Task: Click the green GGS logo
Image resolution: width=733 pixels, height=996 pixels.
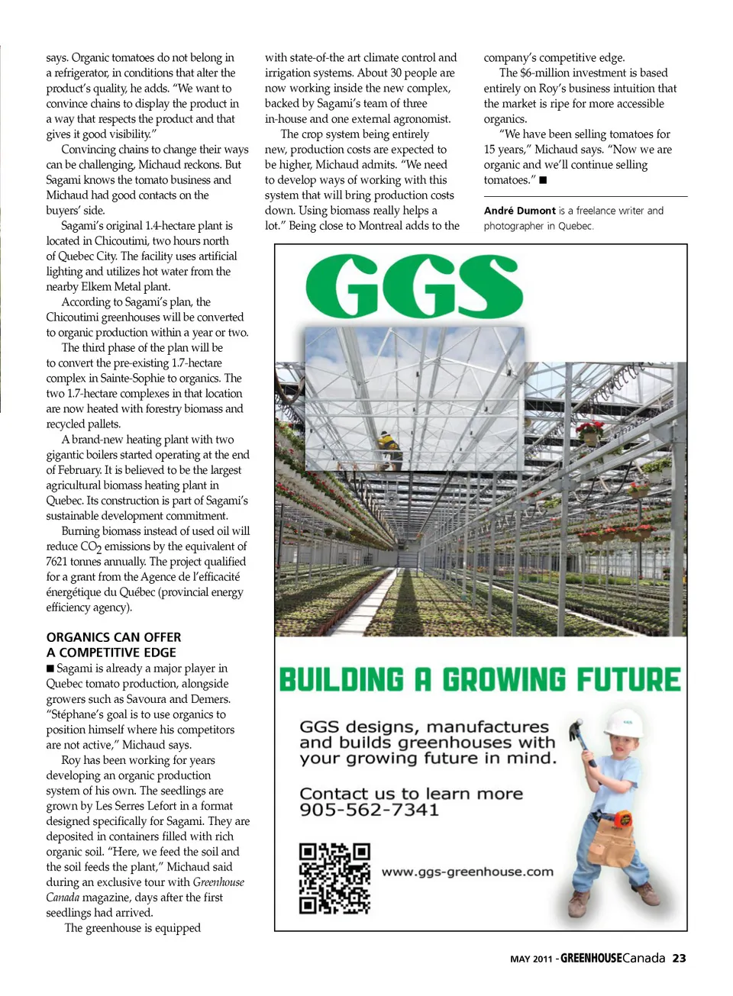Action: [414, 286]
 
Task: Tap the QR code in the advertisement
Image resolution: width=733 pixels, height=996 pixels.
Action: [334, 878]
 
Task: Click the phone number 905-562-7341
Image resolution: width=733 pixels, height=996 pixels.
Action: [369, 810]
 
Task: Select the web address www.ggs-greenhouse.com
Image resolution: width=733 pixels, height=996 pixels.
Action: [467, 872]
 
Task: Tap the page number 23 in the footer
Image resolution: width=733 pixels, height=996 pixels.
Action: [679, 959]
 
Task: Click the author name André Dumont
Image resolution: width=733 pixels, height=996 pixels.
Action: [519, 211]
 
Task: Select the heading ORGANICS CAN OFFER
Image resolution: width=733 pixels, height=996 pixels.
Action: [114, 637]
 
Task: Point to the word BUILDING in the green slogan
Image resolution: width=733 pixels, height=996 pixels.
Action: [341, 680]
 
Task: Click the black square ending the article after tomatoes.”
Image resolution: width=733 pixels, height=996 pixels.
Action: [543, 180]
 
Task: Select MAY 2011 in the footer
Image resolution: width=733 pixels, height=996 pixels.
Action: [531, 959]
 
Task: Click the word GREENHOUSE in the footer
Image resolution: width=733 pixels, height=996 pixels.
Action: [591, 959]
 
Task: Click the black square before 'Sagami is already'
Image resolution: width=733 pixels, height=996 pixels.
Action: [50, 669]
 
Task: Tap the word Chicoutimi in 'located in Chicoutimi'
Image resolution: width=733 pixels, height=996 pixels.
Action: [121, 241]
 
